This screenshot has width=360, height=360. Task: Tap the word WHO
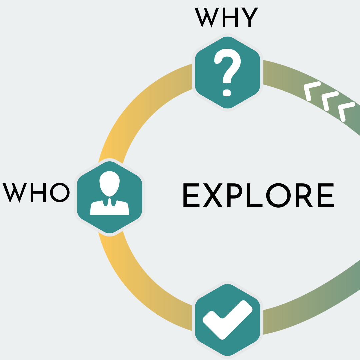36,192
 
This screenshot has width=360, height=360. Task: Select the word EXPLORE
258,195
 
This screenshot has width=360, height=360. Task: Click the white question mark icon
227,72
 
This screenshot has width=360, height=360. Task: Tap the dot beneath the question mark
227,93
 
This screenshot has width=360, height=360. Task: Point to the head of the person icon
109,183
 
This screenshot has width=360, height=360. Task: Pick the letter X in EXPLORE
212,195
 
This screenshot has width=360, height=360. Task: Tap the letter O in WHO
60,192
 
